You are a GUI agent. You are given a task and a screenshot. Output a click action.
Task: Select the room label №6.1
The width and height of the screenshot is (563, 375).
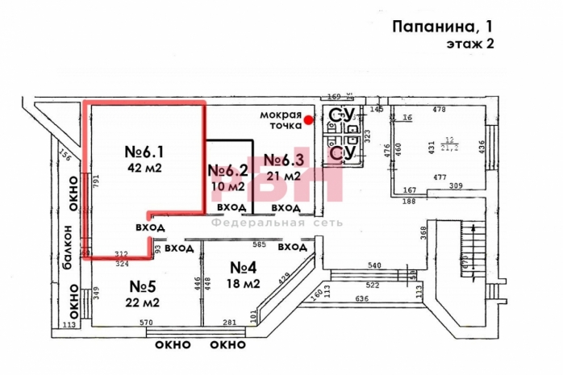(145, 152)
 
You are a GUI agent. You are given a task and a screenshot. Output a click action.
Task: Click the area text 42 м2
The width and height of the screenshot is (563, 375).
(145, 169)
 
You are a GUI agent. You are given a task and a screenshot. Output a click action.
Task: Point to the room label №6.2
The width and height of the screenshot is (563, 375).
(226, 171)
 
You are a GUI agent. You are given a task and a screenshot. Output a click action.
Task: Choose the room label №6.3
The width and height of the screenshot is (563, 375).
(282, 159)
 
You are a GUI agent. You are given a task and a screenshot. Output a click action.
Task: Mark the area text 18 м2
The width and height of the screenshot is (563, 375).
(244, 284)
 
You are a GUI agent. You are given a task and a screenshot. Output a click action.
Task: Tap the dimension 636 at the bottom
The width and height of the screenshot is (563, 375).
(361, 299)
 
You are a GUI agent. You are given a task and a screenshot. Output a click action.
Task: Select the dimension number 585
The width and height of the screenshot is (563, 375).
(259, 244)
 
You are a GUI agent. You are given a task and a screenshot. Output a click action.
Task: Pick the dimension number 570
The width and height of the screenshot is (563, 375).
(147, 323)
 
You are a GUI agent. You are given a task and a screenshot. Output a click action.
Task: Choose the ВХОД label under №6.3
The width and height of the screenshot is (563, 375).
(285, 208)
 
